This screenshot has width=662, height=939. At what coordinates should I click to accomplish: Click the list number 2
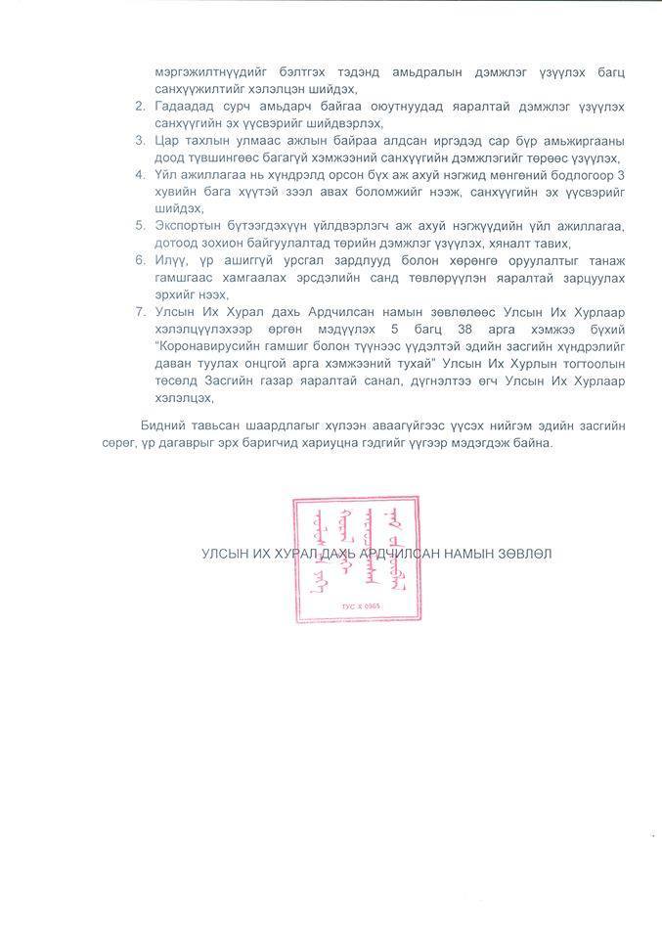click(140, 105)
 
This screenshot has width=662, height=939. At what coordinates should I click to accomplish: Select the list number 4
click(140, 174)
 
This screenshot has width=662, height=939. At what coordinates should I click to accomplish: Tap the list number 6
click(140, 261)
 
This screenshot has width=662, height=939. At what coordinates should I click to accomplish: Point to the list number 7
click(140, 312)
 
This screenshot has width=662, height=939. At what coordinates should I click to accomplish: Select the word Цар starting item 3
click(166, 140)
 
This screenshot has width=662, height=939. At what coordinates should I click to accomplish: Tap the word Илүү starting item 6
click(169, 261)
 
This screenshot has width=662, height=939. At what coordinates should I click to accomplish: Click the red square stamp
click(357, 559)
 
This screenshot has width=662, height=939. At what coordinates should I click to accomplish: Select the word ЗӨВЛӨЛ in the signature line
click(523, 554)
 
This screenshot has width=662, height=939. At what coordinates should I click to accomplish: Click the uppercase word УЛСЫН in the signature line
click(224, 554)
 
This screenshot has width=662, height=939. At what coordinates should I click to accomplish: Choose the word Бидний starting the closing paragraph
click(162, 425)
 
